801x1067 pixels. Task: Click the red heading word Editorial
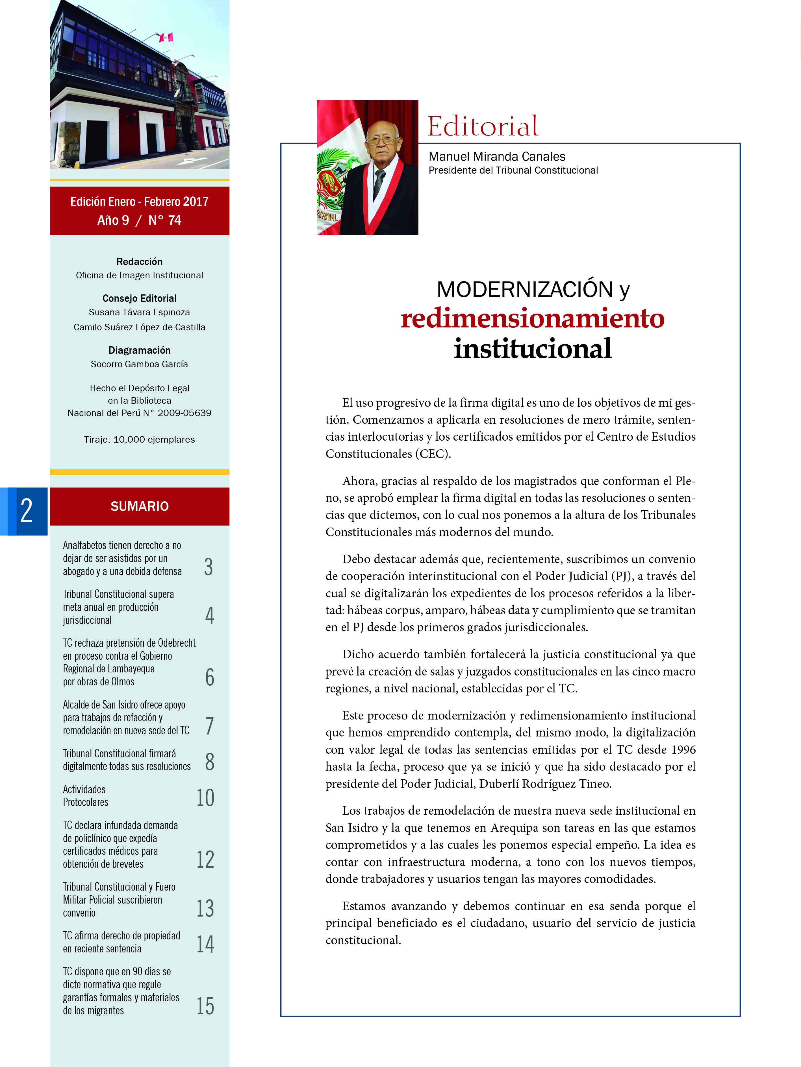tap(482, 126)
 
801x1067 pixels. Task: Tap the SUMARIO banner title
tap(140, 506)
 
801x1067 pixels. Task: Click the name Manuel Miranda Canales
tap(497, 156)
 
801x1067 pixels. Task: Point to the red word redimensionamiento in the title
tap(532, 318)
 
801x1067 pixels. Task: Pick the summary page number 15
tap(205, 1006)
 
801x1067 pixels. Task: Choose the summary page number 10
tap(205, 797)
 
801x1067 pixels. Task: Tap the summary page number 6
tap(210, 677)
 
